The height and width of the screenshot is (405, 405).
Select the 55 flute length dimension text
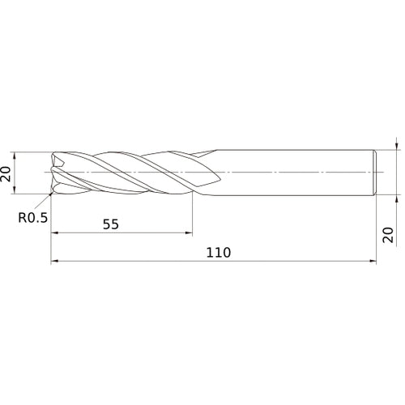[x=111, y=224]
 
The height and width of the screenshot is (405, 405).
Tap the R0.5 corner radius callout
[x=32, y=217]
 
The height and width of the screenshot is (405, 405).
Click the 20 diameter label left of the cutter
[x=7, y=173]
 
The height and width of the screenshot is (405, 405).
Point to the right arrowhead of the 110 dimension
[x=373, y=262]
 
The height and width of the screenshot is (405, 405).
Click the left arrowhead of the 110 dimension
[x=55, y=262]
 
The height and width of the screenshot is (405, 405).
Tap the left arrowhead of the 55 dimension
[x=55, y=233]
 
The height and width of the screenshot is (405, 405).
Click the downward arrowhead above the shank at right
[x=396, y=147]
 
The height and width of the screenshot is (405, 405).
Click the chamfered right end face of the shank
[x=375, y=173]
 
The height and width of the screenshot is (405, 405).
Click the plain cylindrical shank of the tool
[x=292, y=173]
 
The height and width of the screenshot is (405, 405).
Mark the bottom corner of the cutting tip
[x=53, y=194]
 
